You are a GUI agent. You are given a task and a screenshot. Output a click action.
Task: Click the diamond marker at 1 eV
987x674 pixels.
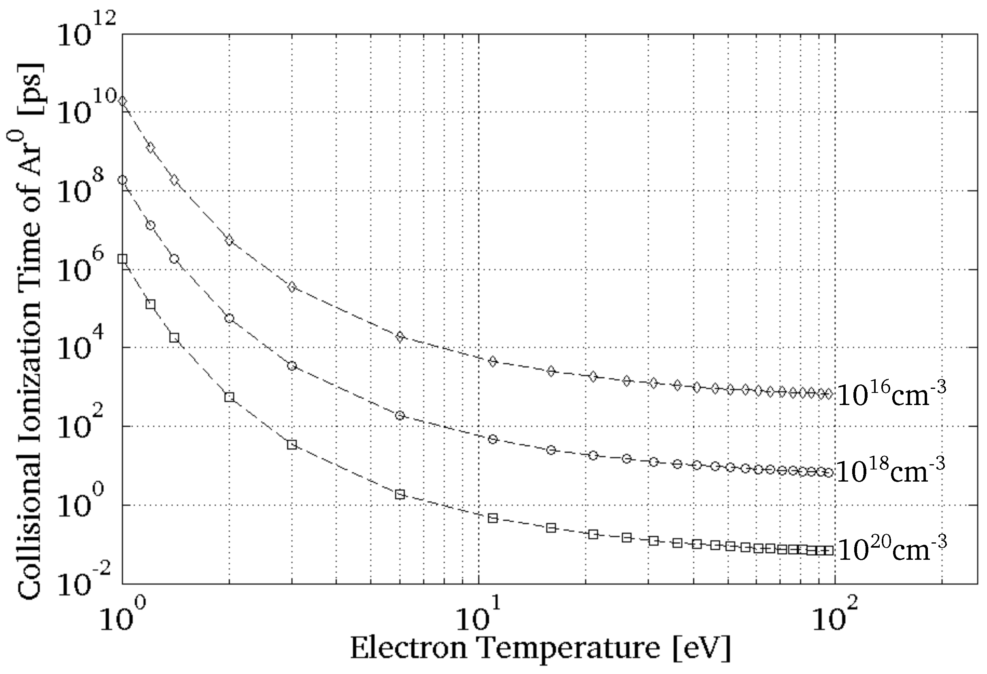click(123, 101)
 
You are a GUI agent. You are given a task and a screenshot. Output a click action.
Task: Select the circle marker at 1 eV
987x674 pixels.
click(123, 180)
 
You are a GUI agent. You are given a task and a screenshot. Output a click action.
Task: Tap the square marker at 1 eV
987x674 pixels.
click(123, 259)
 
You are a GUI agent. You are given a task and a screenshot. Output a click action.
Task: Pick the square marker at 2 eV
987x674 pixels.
click(229, 397)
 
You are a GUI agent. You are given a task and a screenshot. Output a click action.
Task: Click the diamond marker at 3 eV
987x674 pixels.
click(292, 287)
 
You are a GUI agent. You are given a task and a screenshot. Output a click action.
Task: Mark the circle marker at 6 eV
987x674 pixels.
click(400, 415)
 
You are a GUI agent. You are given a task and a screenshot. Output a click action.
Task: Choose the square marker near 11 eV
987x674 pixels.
click(493, 518)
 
